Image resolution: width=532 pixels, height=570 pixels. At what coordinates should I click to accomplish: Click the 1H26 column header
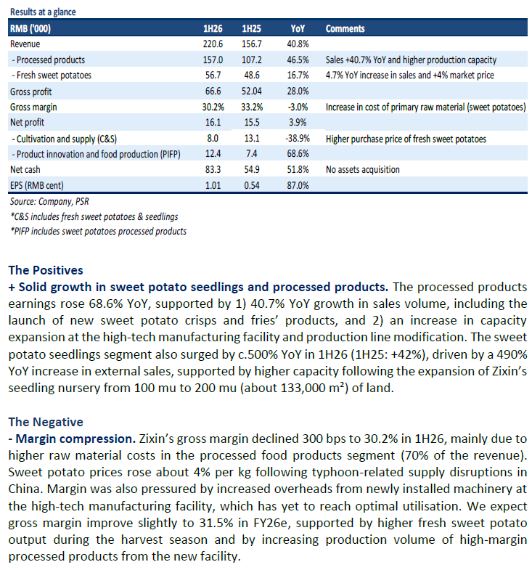[x=213, y=29]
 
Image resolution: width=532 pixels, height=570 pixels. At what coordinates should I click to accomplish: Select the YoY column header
[x=297, y=29]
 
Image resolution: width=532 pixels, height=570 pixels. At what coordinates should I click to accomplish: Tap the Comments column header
[x=345, y=29]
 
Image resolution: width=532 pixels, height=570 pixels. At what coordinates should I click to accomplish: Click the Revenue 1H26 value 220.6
[x=213, y=44]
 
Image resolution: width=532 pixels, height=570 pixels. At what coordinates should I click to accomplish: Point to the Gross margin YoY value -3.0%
[x=298, y=107]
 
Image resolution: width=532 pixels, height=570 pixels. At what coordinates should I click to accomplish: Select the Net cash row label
[x=26, y=170]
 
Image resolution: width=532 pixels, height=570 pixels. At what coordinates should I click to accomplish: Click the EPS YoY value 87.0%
[x=298, y=186]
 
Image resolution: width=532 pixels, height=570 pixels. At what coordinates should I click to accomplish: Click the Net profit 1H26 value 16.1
[x=213, y=123]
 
